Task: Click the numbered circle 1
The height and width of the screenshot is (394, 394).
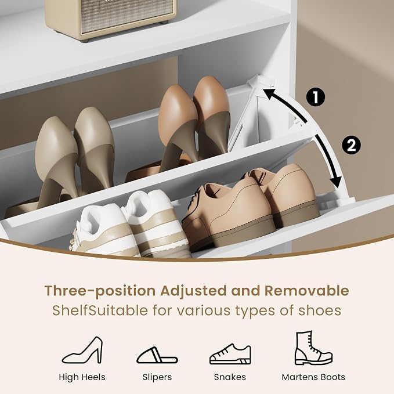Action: tap(316, 97)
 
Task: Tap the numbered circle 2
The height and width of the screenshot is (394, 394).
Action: tap(351, 145)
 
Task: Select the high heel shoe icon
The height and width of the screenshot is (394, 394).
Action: tap(82, 350)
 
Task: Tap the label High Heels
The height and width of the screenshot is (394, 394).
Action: tap(82, 377)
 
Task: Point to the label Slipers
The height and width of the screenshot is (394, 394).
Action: tap(157, 377)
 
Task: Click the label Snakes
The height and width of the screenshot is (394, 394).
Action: tap(230, 377)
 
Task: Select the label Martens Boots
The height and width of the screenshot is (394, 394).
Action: tap(313, 377)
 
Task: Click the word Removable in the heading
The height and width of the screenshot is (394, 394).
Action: tap(306, 291)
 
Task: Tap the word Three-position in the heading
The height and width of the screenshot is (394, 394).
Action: tap(100, 291)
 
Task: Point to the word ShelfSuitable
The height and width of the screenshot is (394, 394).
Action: tap(100, 310)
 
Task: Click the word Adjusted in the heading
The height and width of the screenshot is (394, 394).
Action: tap(193, 291)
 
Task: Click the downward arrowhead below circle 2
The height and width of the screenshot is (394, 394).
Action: tap(336, 182)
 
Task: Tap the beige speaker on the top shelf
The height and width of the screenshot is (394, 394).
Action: tap(111, 19)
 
